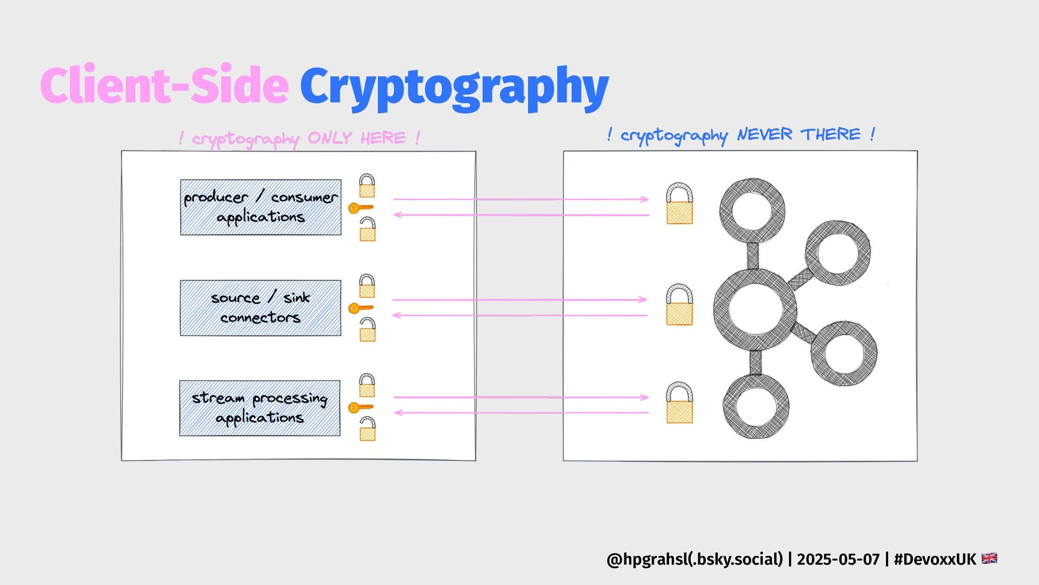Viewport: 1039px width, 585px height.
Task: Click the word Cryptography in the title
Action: pyautogui.click(x=455, y=87)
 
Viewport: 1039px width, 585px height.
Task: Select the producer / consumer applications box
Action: pyautogui.click(x=261, y=207)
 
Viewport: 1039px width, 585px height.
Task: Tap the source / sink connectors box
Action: pyautogui.click(x=261, y=308)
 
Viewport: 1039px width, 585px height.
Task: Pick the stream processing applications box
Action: pyautogui.click(x=260, y=408)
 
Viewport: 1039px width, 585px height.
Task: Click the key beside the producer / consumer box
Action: pyautogui.click(x=360, y=207)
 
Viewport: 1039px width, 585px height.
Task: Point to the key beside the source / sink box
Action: pyautogui.click(x=360, y=308)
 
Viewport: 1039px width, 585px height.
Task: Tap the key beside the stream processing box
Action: pyautogui.click(x=360, y=407)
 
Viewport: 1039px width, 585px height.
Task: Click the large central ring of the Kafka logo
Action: pyautogui.click(x=755, y=310)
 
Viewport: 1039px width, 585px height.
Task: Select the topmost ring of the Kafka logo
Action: pyautogui.click(x=752, y=211)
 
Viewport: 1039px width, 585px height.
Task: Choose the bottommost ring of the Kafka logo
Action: pyautogui.click(x=756, y=406)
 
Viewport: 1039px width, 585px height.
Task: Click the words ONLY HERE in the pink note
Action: pyautogui.click(x=357, y=138)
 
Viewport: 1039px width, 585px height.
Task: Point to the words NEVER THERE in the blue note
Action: pyautogui.click(x=799, y=134)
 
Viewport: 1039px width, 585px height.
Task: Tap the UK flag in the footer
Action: pyautogui.click(x=989, y=558)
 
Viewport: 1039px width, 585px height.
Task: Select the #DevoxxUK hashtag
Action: pyautogui.click(x=935, y=559)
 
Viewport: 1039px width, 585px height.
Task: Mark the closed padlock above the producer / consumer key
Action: pyautogui.click(x=367, y=186)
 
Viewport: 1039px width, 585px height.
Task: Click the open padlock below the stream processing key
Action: pyautogui.click(x=367, y=429)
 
